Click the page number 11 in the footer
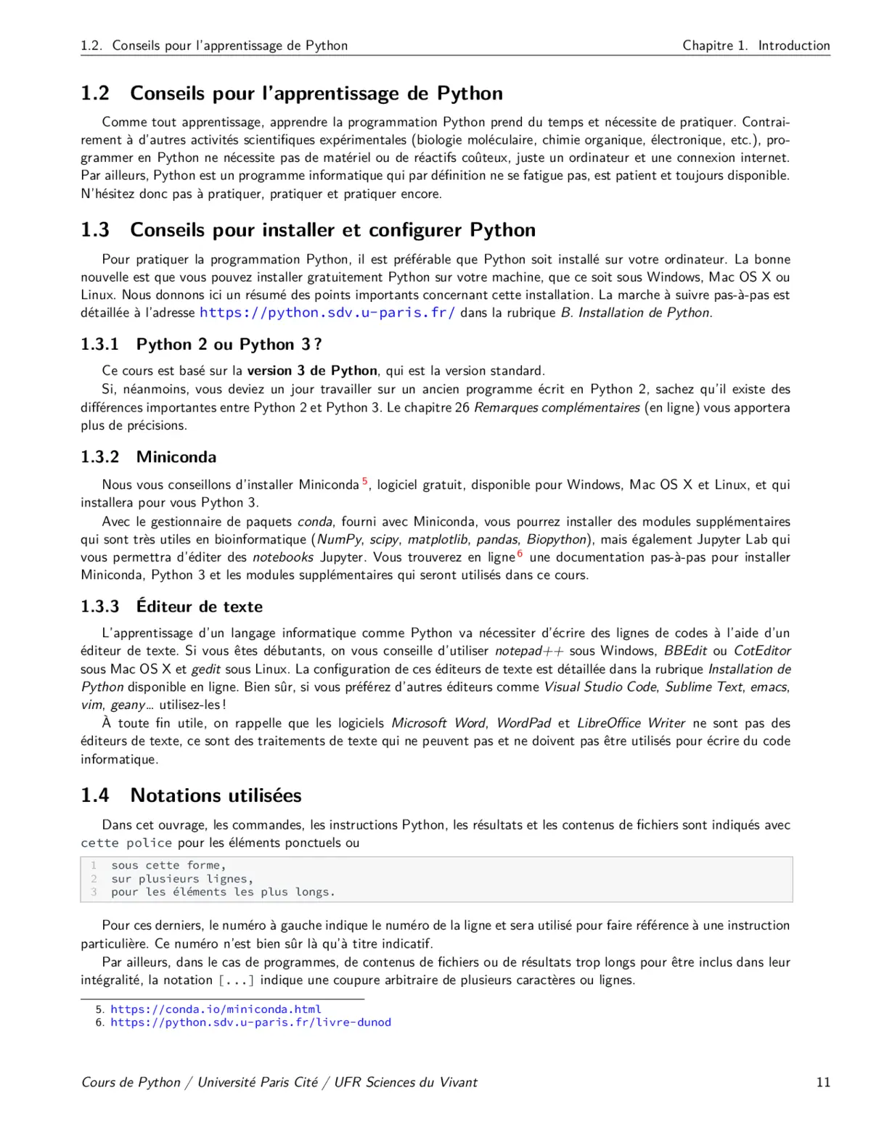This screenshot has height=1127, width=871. coord(822,1082)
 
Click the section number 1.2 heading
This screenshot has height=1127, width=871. coord(95,94)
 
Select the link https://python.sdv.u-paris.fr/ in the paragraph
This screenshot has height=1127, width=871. coord(327,313)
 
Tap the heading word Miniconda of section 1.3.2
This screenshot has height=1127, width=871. coord(176,457)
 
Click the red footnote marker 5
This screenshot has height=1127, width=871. coord(365,481)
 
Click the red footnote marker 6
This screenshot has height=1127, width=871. coord(520,554)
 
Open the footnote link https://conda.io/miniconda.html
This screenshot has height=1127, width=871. coord(216,1009)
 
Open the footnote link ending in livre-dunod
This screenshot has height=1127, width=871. coord(250,1023)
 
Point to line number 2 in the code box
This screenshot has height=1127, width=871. coord(94,879)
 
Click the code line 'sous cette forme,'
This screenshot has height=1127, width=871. coord(168,865)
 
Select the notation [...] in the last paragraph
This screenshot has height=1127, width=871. coord(237,980)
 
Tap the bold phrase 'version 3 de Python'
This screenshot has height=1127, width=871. coord(312,371)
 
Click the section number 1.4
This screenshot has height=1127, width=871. coord(95,795)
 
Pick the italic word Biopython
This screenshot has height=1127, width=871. coord(556,539)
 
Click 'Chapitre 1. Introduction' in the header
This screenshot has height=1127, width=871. coord(756,46)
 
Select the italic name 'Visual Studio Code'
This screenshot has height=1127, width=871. coord(600,687)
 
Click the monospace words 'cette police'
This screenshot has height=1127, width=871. coord(126,843)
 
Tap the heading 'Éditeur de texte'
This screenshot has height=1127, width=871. coord(200,607)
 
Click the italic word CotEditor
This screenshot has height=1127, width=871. coord(762,651)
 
